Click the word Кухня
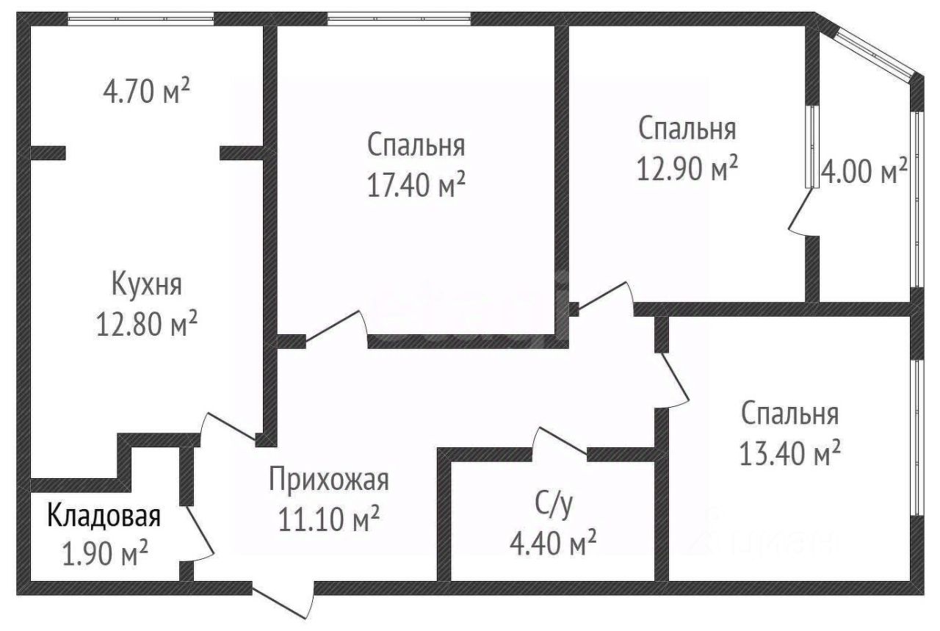click(146, 284)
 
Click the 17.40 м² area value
click(416, 184)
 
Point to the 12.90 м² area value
click(687, 169)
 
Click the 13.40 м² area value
click(790, 453)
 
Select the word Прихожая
click(328, 481)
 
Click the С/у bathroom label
click(552, 505)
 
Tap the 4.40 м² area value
click(552, 544)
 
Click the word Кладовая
click(104, 516)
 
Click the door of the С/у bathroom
click(560, 444)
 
